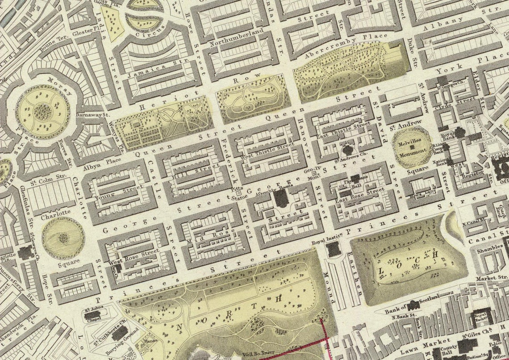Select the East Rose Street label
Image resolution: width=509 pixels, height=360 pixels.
pos(363,193)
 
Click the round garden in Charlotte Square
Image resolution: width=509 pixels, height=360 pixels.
pos(63,238)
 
